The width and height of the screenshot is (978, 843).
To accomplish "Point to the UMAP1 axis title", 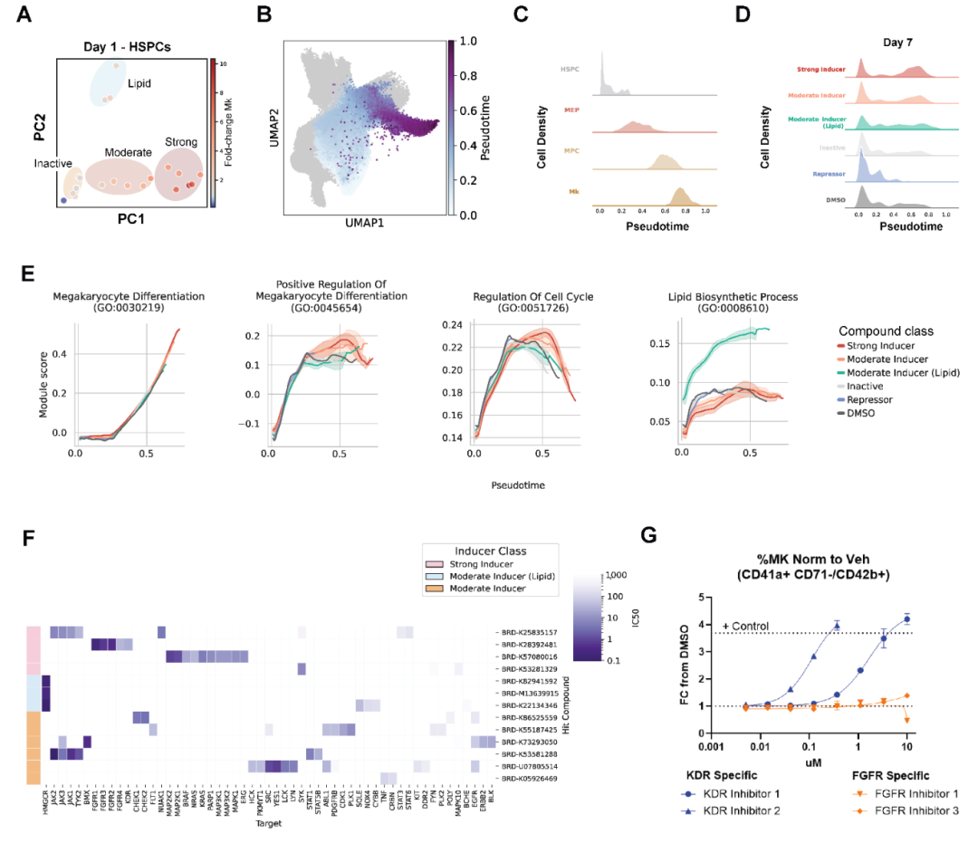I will [x=365, y=222].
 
